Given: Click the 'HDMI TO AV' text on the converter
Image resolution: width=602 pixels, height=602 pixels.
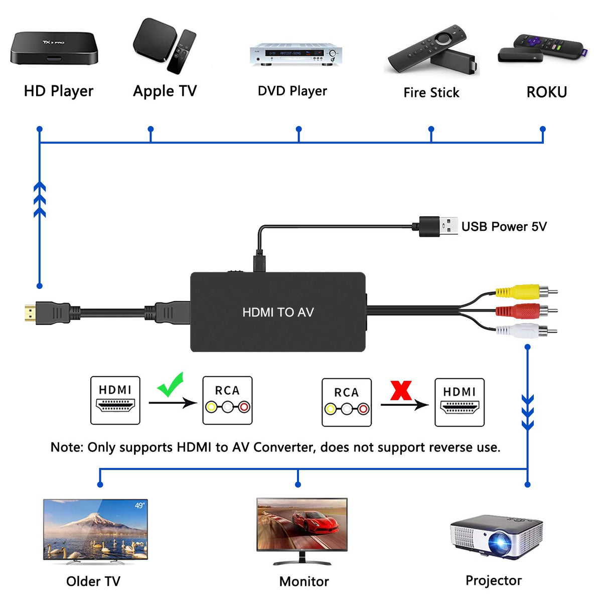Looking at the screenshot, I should [278, 313].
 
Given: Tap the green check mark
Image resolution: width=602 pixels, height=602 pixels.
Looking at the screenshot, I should [171, 385].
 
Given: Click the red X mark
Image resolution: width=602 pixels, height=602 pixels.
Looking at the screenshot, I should [401, 390].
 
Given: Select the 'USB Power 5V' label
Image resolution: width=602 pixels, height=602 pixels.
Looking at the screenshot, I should [504, 227].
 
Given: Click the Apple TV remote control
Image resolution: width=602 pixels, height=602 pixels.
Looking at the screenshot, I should [182, 51].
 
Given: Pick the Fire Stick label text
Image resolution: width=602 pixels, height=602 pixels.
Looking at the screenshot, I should [431, 93].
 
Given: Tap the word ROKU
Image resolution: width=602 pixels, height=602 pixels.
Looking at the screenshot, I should [546, 92].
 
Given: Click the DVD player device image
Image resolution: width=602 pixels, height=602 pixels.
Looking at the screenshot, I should [296, 55].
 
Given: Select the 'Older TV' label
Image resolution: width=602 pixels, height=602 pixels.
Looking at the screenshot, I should [93, 581].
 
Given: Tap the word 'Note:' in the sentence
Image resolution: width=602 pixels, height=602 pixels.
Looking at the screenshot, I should [67, 447].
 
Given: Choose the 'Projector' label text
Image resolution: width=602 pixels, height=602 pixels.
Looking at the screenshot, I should [494, 580].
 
